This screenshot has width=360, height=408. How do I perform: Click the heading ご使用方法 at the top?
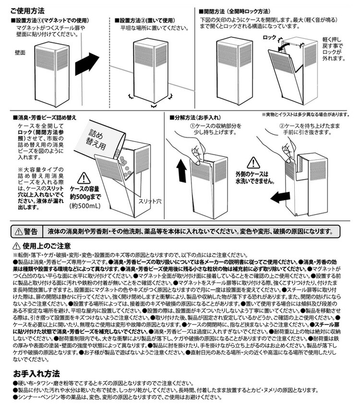click(26, 10)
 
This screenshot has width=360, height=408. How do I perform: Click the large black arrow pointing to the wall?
click(86, 63)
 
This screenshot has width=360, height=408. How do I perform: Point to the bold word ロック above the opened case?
click(271, 37)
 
